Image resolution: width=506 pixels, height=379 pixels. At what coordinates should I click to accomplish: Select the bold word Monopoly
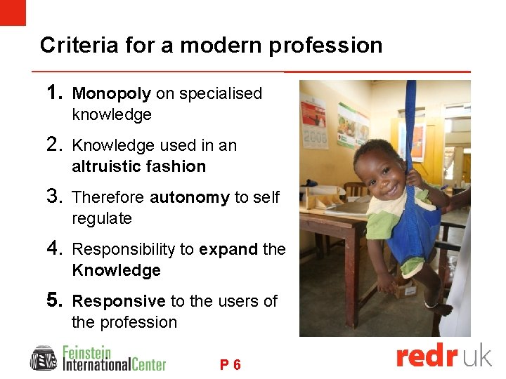(x=112, y=94)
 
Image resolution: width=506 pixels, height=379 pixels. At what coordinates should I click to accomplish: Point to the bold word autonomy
(x=190, y=198)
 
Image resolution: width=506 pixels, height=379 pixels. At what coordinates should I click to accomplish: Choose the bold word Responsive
(x=119, y=302)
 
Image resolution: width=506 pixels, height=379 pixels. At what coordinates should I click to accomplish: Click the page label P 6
(x=231, y=365)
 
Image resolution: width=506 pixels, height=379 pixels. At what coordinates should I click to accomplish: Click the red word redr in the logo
(x=427, y=357)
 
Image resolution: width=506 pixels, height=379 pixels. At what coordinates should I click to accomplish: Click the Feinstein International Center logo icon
(x=44, y=358)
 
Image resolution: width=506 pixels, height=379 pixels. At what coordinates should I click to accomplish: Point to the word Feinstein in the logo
(x=87, y=351)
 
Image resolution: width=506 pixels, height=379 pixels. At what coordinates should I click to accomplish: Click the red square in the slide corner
(x=13, y=13)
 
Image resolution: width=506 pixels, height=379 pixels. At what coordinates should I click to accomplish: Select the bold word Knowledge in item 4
(x=116, y=271)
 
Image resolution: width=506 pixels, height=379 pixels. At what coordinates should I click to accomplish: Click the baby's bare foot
(x=440, y=309)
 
